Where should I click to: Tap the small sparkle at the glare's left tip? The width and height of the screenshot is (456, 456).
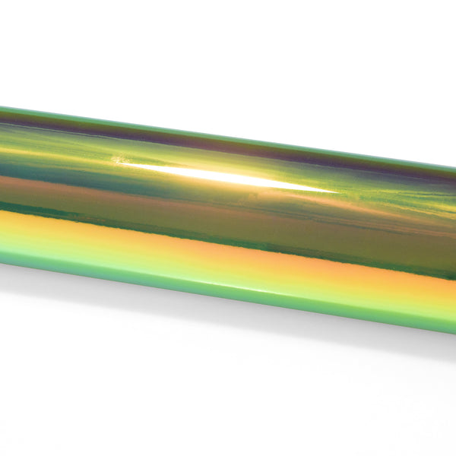[x=118, y=160]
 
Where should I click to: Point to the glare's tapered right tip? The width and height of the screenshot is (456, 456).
[x=334, y=190]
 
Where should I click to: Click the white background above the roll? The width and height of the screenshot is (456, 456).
[x=228, y=53]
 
